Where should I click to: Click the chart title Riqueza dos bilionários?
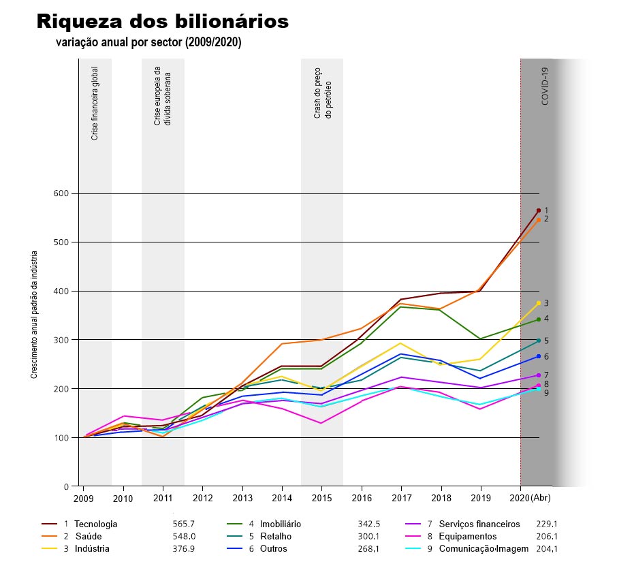[x=162, y=21]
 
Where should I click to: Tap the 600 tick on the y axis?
[x=61, y=193]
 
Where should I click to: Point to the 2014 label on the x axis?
[x=282, y=499]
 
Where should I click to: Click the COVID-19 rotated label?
[x=545, y=86]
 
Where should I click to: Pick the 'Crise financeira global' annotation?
[x=95, y=103]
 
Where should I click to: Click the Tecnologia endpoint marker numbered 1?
[x=538, y=210]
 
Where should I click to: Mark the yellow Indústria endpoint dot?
[x=538, y=303]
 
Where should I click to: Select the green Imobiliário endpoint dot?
[x=538, y=319]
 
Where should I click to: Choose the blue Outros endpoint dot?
[x=538, y=356]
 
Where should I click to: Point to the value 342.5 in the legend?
[x=368, y=524]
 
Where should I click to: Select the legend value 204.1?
[x=546, y=549]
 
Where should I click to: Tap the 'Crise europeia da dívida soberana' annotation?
[x=162, y=96]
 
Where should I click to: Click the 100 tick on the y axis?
[x=61, y=437]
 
